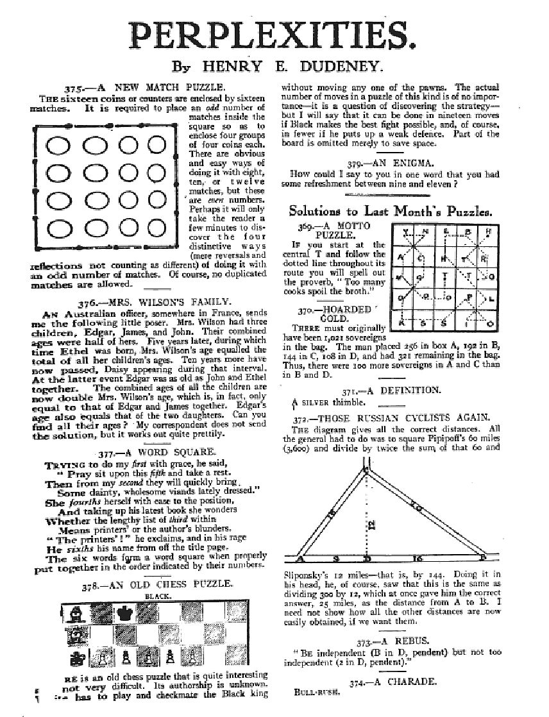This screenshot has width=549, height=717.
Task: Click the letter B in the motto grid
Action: point(468,231)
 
